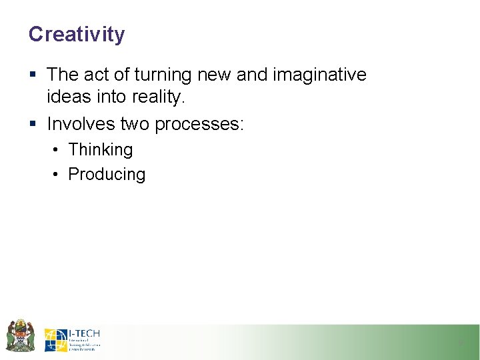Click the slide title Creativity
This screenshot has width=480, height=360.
point(76,34)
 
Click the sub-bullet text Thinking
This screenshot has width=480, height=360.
point(101,150)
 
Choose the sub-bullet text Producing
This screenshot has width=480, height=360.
point(107,175)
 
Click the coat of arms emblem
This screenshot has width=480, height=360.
point(20,335)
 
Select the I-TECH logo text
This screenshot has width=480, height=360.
point(84,333)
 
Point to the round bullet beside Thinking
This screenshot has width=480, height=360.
point(56,150)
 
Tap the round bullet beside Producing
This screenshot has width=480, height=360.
point(56,175)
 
